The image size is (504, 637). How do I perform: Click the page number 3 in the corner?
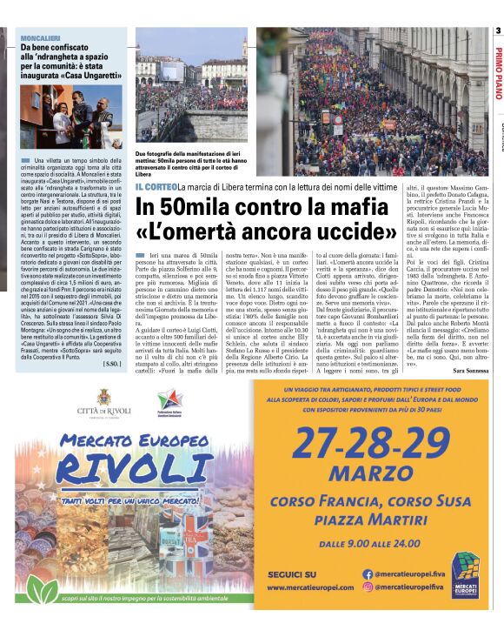(498, 31)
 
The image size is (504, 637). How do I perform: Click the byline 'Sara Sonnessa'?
(469, 371)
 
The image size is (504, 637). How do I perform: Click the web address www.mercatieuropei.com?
(310, 587)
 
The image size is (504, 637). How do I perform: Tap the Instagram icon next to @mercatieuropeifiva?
(368, 587)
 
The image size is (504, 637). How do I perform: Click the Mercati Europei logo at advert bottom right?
(465, 575)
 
